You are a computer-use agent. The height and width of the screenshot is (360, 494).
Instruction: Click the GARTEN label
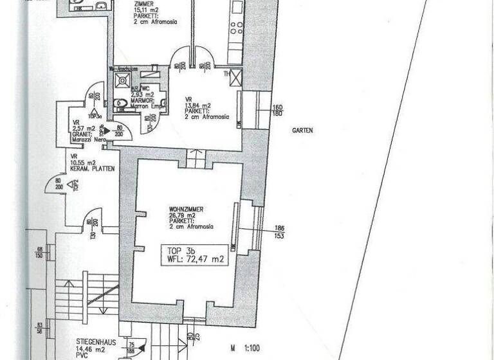302,130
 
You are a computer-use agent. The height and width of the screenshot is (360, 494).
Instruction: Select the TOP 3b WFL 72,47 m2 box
194,254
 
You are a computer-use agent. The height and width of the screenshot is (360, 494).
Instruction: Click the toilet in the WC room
121,104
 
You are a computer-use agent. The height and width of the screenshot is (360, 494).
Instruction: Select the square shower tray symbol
120,80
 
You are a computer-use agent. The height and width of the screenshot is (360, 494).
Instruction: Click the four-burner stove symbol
235,27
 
